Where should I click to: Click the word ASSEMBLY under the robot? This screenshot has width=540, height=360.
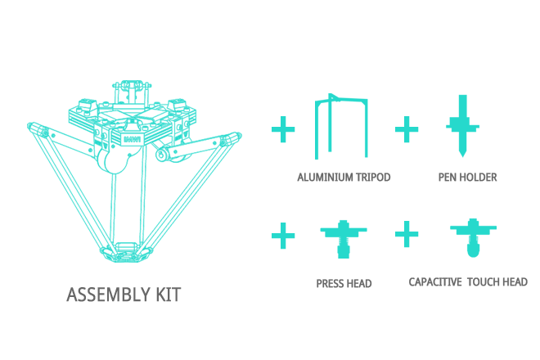point(109,295)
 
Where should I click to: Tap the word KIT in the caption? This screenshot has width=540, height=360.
point(169,295)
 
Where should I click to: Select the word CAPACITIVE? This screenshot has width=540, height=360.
point(435,282)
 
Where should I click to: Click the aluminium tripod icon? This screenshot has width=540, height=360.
point(341,100)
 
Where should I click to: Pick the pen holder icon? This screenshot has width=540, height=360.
point(462,126)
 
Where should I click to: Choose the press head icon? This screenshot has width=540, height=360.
point(344,239)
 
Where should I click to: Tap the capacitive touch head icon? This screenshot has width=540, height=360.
point(473,237)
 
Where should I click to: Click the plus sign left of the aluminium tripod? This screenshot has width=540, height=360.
point(283,129)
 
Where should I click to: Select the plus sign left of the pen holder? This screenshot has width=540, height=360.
point(407,129)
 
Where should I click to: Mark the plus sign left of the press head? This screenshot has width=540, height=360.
point(283,236)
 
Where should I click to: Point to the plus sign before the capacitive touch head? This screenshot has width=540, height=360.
point(407,234)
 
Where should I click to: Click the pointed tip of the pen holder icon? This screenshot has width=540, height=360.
point(462,157)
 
